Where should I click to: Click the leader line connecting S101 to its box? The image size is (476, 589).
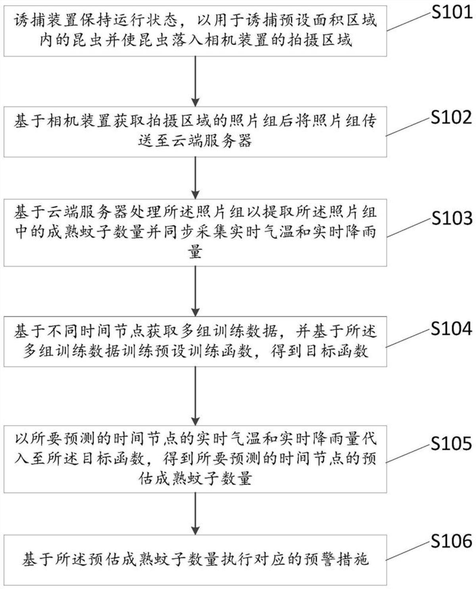(409, 22)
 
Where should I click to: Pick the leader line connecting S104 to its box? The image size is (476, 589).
(409, 339)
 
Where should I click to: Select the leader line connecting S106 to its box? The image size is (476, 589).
(409, 551)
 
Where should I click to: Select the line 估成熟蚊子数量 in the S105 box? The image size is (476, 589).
(195, 479)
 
